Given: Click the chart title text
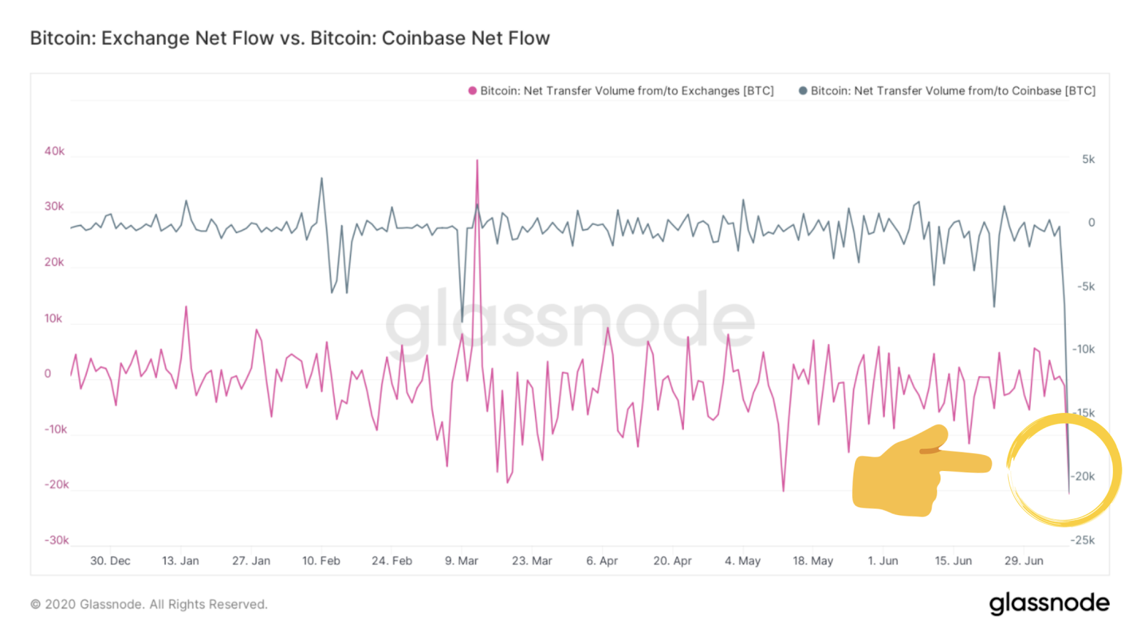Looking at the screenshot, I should tap(289, 38).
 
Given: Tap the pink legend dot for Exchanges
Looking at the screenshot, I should tap(472, 90).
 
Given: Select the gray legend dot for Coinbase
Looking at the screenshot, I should tap(803, 90).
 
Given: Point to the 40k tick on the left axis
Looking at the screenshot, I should tap(54, 151).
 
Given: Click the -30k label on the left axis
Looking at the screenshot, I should tap(56, 540).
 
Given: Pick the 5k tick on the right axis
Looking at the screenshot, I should tap(1088, 160).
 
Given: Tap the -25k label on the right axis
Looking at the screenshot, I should tap(1082, 540).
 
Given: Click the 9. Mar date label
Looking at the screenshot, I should tap(461, 561).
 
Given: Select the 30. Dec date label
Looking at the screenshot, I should tap(110, 561).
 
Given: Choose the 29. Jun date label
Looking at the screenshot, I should tap(1023, 561).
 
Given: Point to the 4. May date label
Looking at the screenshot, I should tap(742, 561).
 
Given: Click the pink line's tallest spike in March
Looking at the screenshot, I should tap(477, 161).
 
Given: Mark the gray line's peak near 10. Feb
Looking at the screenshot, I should tap(321, 179).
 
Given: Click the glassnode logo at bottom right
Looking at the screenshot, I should tap(1049, 603).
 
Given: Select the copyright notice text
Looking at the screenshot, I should tap(149, 604).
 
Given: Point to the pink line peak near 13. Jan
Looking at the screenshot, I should tap(186, 307).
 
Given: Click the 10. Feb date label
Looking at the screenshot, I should tap(321, 561).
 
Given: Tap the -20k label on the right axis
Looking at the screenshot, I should tap(1083, 477).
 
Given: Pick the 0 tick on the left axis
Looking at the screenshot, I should tap(48, 373).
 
